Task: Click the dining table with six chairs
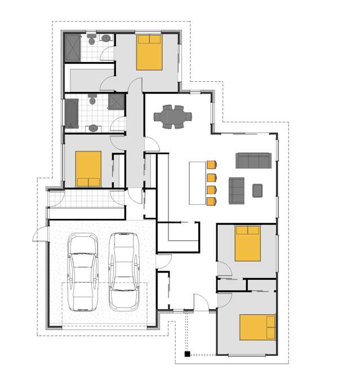(x=173, y=117)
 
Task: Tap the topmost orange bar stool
(x=212, y=165)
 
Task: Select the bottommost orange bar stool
(x=212, y=200)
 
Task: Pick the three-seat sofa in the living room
(x=253, y=160)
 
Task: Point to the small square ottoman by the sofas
(x=258, y=190)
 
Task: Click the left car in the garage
(x=82, y=272)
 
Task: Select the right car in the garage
(x=123, y=271)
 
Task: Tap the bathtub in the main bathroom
(x=72, y=113)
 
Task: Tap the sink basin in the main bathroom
(x=93, y=129)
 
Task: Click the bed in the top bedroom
(x=150, y=52)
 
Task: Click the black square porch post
(x=186, y=354)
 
